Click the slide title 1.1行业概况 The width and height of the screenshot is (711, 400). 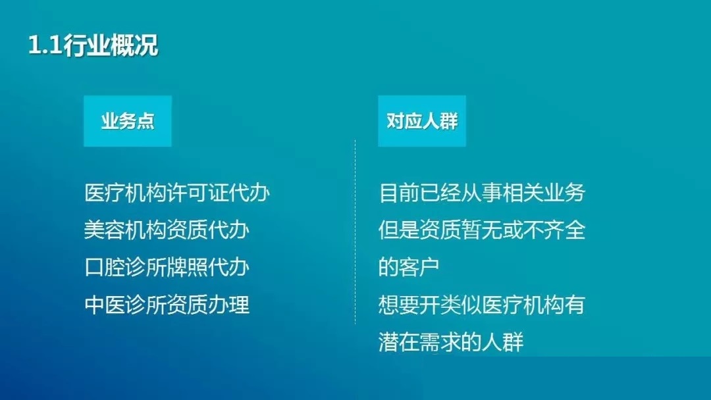tap(93, 45)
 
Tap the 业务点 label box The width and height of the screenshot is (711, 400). tap(128, 121)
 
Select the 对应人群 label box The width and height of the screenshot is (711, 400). tap(422, 121)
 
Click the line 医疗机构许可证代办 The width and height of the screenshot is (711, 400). tap(177, 193)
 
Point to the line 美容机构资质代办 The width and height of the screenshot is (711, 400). tap(167, 230)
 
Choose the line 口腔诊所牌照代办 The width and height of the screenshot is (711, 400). tap(167, 267)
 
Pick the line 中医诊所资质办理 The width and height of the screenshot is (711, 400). tap(167, 305)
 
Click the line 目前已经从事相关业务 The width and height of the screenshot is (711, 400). tap(482, 193)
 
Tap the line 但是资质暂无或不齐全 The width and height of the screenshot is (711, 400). tap(482, 230)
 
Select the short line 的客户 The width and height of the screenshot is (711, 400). tap(409, 267)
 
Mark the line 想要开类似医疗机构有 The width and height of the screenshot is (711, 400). tap(482, 305)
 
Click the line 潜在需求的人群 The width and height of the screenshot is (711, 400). tap(451, 341)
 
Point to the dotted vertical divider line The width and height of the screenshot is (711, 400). tap(355, 232)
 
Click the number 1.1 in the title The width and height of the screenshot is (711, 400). tap(45, 46)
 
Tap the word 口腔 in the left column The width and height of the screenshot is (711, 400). tap(105, 267)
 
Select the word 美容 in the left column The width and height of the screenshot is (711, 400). tap(105, 230)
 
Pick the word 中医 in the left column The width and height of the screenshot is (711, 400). tap(105, 305)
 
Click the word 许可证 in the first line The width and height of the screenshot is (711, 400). tap(197, 193)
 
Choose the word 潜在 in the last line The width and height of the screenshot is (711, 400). tap(399, 341)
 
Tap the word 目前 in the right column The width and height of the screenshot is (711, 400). tap(399, 193)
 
